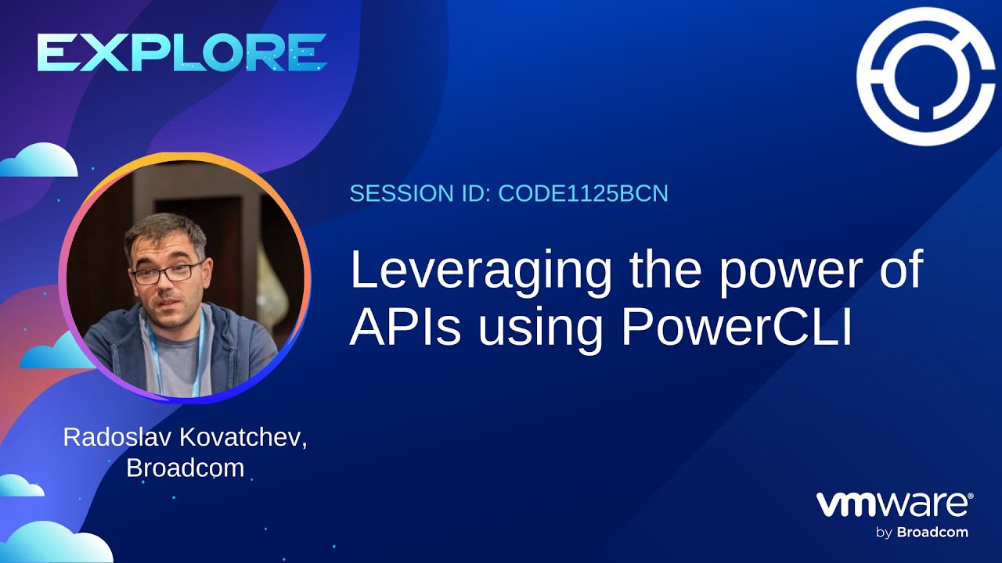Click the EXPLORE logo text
pyautogui.click(x=182, y=53)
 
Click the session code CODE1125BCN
pyautogui.click(x=583, y=193)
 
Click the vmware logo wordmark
pyautogui.click(x=895, y=504)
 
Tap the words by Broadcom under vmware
pyautogui.click(x=921, y=533)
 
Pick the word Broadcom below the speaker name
pyautogui.click(x=185, y=468)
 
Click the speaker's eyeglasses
pyautogui.click(x=167, y=273)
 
